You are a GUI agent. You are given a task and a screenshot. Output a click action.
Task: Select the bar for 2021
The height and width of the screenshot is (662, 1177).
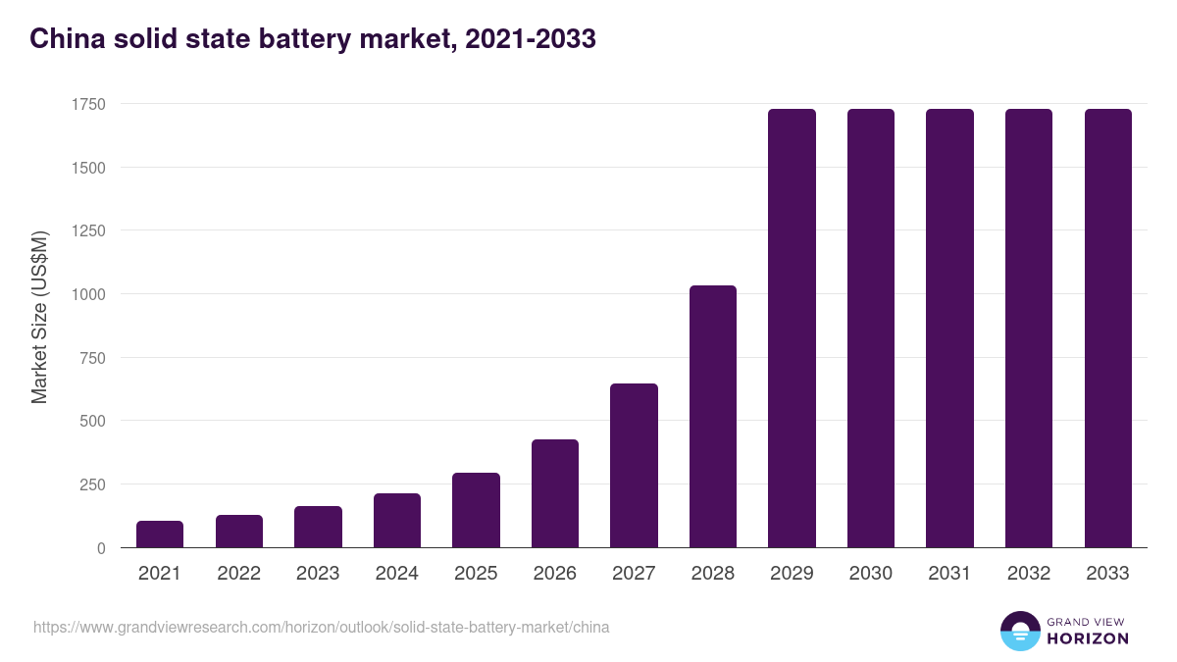[x=160, y=535]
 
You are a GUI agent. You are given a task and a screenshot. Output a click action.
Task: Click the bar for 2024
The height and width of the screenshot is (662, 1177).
[x=397, y=521]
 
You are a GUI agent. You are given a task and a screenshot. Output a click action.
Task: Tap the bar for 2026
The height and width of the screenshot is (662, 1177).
[x=555, y=493]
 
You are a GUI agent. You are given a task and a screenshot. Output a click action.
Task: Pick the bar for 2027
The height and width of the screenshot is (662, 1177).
[x=634, y=466]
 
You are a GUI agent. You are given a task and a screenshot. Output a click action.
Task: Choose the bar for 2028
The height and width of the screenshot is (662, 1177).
[x=713, y=417]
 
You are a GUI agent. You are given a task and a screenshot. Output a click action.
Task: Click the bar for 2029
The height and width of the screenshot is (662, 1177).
[x=792, y=329]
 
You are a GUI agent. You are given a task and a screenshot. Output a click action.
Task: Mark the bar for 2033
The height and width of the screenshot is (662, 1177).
[x=1108, y=329]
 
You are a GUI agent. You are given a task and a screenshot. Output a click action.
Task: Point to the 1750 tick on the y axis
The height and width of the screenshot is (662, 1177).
[x=88, y=104]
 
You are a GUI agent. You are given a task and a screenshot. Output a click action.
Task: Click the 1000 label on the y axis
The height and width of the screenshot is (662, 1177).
[x=88, y=294]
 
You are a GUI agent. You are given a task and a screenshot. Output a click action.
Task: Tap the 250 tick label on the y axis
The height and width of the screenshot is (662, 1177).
[x=92, y=484]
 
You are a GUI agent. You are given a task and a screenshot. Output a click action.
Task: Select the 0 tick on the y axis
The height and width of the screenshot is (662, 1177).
[x=102, y=548]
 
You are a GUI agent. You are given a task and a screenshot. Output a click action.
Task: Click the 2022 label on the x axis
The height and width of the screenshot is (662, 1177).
[x=238, y=574]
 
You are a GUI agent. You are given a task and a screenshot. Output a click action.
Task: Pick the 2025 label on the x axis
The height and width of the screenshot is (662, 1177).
[x=476, y=574]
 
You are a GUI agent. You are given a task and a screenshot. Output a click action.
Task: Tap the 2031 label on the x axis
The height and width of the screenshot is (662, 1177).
[x=949, y=574]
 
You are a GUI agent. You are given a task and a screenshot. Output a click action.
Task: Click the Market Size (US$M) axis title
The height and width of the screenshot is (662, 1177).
[x=39, y=316]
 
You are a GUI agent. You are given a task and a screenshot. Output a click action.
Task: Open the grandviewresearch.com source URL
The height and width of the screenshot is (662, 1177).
[x=321, y=627]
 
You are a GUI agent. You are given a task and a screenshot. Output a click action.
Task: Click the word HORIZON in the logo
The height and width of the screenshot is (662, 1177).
[x=1088, y=638]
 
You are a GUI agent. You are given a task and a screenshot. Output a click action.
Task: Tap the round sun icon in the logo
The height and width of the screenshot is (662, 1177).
[x=1020, y=631]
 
